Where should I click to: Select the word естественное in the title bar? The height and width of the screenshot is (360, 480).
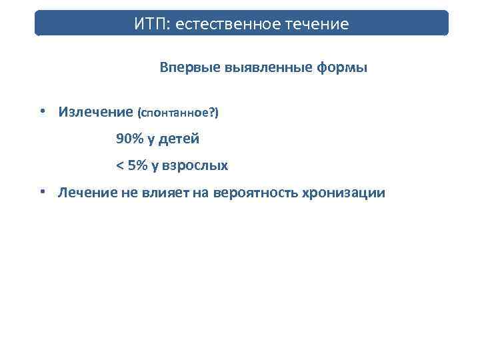233,25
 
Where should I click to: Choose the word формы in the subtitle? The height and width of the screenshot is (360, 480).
343,68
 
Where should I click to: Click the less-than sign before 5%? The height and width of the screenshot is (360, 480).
119,165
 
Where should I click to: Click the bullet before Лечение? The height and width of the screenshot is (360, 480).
42,192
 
